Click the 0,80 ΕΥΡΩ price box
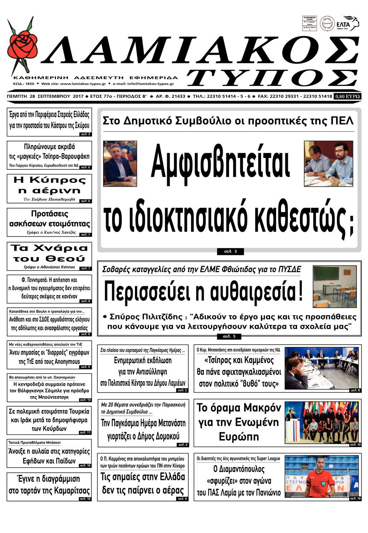tap(347, 96)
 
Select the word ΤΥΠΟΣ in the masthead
tap(272, 78)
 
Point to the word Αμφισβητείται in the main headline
tap(220, 162)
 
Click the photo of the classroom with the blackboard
tap(335, 287)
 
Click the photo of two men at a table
tap(328, 163)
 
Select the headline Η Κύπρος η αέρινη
tap(49, 185)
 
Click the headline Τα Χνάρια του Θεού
tap(49, 253)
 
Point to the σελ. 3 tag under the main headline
tap(230, 251)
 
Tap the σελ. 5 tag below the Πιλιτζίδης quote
tap(229, 336)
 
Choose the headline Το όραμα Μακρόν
tap(239, 422)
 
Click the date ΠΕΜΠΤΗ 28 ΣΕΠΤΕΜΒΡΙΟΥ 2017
tap(45, 96)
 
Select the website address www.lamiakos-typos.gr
tap(83, 84)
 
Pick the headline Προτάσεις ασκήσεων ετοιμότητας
tap(49, 219)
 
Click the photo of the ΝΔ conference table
tap(321, 368)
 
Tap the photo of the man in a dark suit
tap(120, 163)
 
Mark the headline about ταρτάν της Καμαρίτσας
tap(49, 485)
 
